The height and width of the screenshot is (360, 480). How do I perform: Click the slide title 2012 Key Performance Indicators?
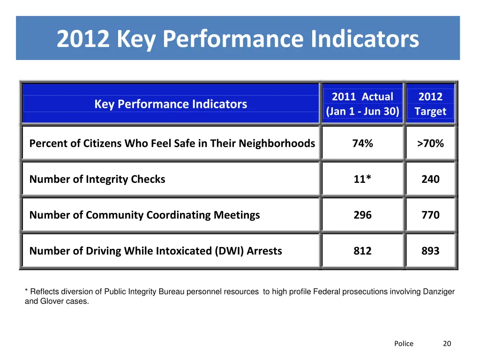point(238,39)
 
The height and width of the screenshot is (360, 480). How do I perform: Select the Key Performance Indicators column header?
point(171,104)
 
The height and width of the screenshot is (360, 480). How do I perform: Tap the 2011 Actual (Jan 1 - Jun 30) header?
point(362,104)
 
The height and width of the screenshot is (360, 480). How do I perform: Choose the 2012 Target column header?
point(430,104)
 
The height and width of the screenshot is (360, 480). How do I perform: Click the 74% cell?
point(362,143)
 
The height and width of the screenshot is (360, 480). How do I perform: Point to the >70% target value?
point(430,143)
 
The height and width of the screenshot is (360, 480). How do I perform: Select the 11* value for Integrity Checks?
point(362,179)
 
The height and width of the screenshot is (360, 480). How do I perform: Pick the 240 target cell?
point(430,179)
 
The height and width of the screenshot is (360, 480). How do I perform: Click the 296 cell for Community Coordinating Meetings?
point(362,215)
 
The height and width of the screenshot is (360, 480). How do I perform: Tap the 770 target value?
point(430,215)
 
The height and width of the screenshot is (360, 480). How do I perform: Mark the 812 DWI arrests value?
point(362,251)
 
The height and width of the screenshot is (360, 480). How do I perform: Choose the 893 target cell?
point(430,251)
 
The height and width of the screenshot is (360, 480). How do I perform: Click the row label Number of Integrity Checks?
point(97,179)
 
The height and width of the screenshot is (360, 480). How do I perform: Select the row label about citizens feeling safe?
point(172,143)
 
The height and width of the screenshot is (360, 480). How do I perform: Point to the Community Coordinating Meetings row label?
point(144,215)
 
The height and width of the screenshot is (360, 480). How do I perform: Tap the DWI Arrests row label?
point(156,251)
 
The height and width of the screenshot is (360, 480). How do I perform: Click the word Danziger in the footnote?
point(439,292)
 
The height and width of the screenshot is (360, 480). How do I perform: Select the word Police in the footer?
point(404,344)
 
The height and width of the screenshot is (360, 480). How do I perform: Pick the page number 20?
point(447,344)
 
